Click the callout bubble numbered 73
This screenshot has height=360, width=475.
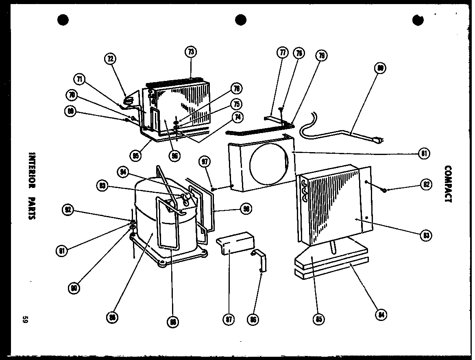coord(191,52)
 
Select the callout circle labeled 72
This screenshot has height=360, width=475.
coord(110,59)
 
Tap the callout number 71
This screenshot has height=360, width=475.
coord(80,79)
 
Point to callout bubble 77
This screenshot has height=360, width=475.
coord(282,53)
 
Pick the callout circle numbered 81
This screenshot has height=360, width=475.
coord(424,154)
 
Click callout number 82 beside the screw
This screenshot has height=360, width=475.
coord(425,184)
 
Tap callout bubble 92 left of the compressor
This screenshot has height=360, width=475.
coord(68,210)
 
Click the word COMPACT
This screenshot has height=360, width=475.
coord(448,184)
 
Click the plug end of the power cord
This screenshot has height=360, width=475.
coord(377,140)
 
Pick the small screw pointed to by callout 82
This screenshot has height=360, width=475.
coord(384,190)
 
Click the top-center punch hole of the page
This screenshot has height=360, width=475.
coord(241,19)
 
